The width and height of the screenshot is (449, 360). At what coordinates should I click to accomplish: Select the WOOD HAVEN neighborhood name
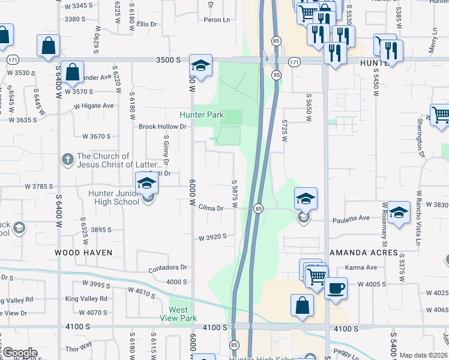83,253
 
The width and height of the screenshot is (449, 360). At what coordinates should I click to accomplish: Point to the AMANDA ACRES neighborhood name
363,253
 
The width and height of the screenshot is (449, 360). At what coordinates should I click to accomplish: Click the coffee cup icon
336,287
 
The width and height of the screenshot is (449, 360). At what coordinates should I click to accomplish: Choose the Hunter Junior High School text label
113,197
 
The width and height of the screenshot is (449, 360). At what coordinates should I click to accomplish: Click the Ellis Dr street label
146,24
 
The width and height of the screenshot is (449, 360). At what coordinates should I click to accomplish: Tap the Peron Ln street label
217,20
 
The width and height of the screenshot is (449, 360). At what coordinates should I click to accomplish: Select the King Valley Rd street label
86,298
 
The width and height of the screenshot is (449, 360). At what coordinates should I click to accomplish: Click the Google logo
19,353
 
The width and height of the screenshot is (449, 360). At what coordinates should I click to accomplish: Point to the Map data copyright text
423,355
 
